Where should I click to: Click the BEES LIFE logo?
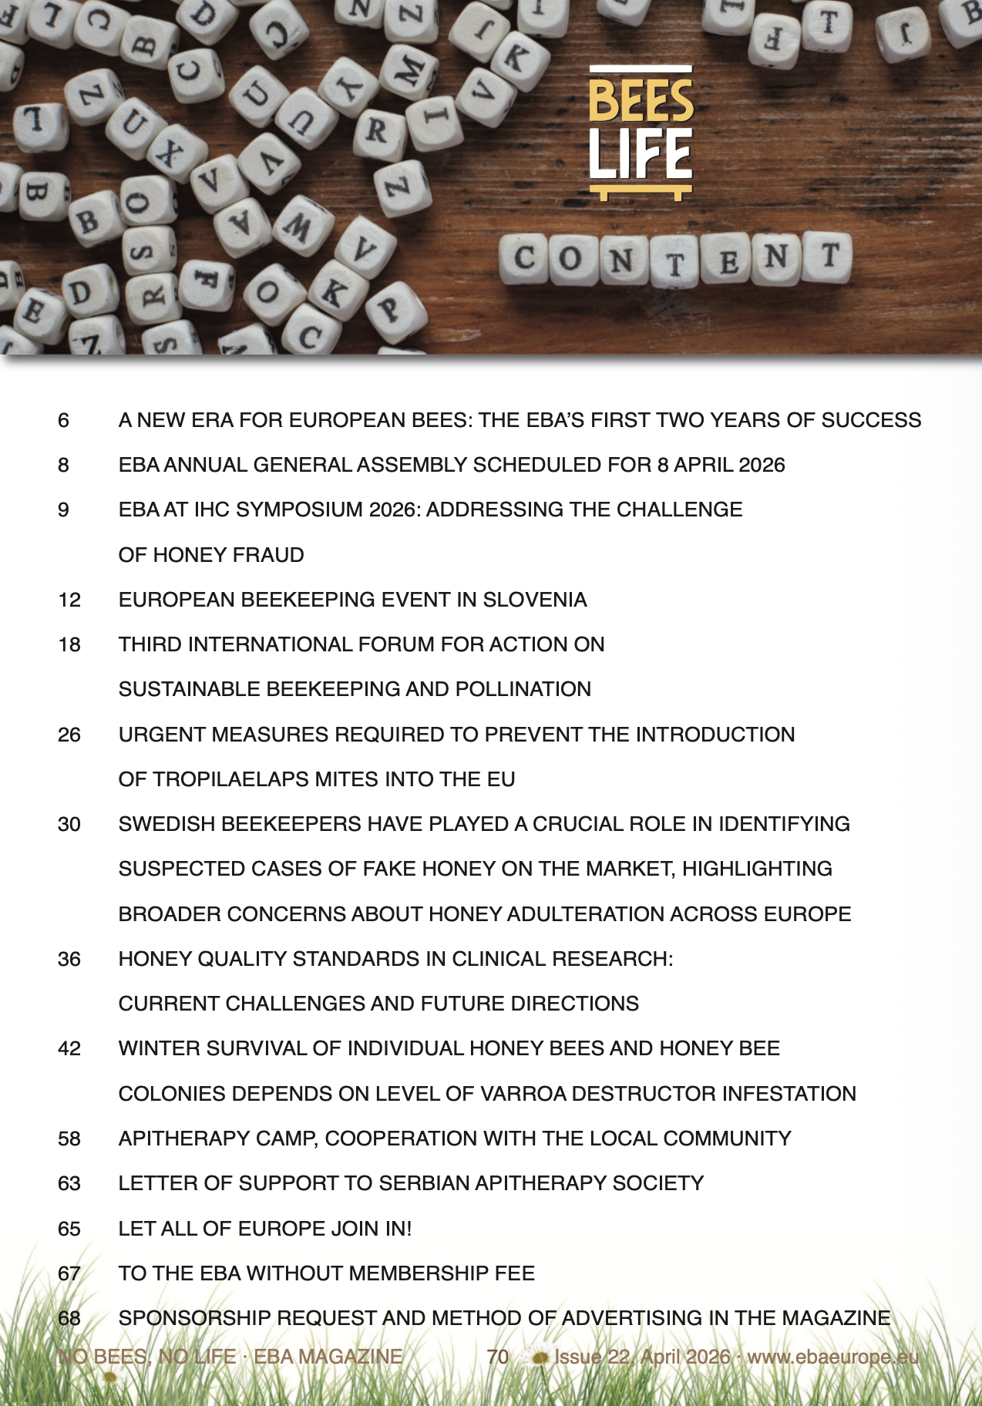(641, 133)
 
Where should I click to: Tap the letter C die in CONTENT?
(524, 258)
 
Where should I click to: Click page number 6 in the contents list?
(63, 420)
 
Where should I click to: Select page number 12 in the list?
(69, 600)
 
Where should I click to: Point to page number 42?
(69, 1048)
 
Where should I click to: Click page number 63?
(69, 1183)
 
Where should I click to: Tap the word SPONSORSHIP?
(194, 1318)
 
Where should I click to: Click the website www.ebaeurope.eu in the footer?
(833, 1357)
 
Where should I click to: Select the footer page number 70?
(498, 1357)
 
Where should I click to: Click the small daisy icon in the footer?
(540, 1357)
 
